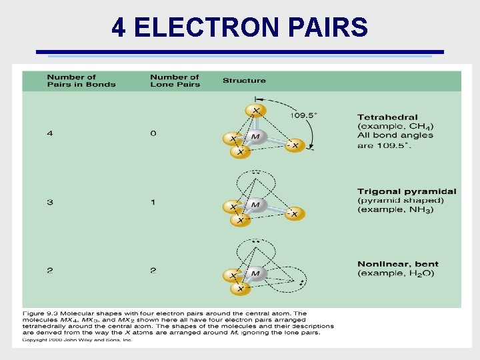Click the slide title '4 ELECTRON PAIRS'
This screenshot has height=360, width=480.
pyautogui.click(x=239, y=27)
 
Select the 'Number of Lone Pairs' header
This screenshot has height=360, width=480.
pyautogui.click(x=175, y=81)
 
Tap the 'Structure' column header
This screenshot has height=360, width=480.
pyautogui.click(x=244, y=81)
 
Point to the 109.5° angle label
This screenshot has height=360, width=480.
pyautogui.click(x=303, y=115)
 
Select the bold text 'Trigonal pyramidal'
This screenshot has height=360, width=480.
pyautogui.click(x=407, y=192)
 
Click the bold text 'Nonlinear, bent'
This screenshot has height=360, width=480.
pyautogui.click(x=398, y=265)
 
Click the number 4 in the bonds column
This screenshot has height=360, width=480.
pyautogui.click(x=50, y=133)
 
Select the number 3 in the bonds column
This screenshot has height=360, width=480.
pyautogui.click(x=50, y=202)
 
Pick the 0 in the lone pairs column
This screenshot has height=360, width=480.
pyautogui.click(x=153, y=133)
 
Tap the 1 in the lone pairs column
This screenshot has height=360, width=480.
pyautogui.click(x=153, y=202)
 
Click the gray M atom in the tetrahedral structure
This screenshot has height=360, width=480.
pyautogui.click(x=256, y=137)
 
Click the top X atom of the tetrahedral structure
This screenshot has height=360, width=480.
pyautogui.click(x=255, y=110)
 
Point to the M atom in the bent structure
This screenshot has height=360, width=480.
pyautogui.click(x=256, y=273)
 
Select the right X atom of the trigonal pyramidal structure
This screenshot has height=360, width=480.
pyautogui.click(x=295, y=213)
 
